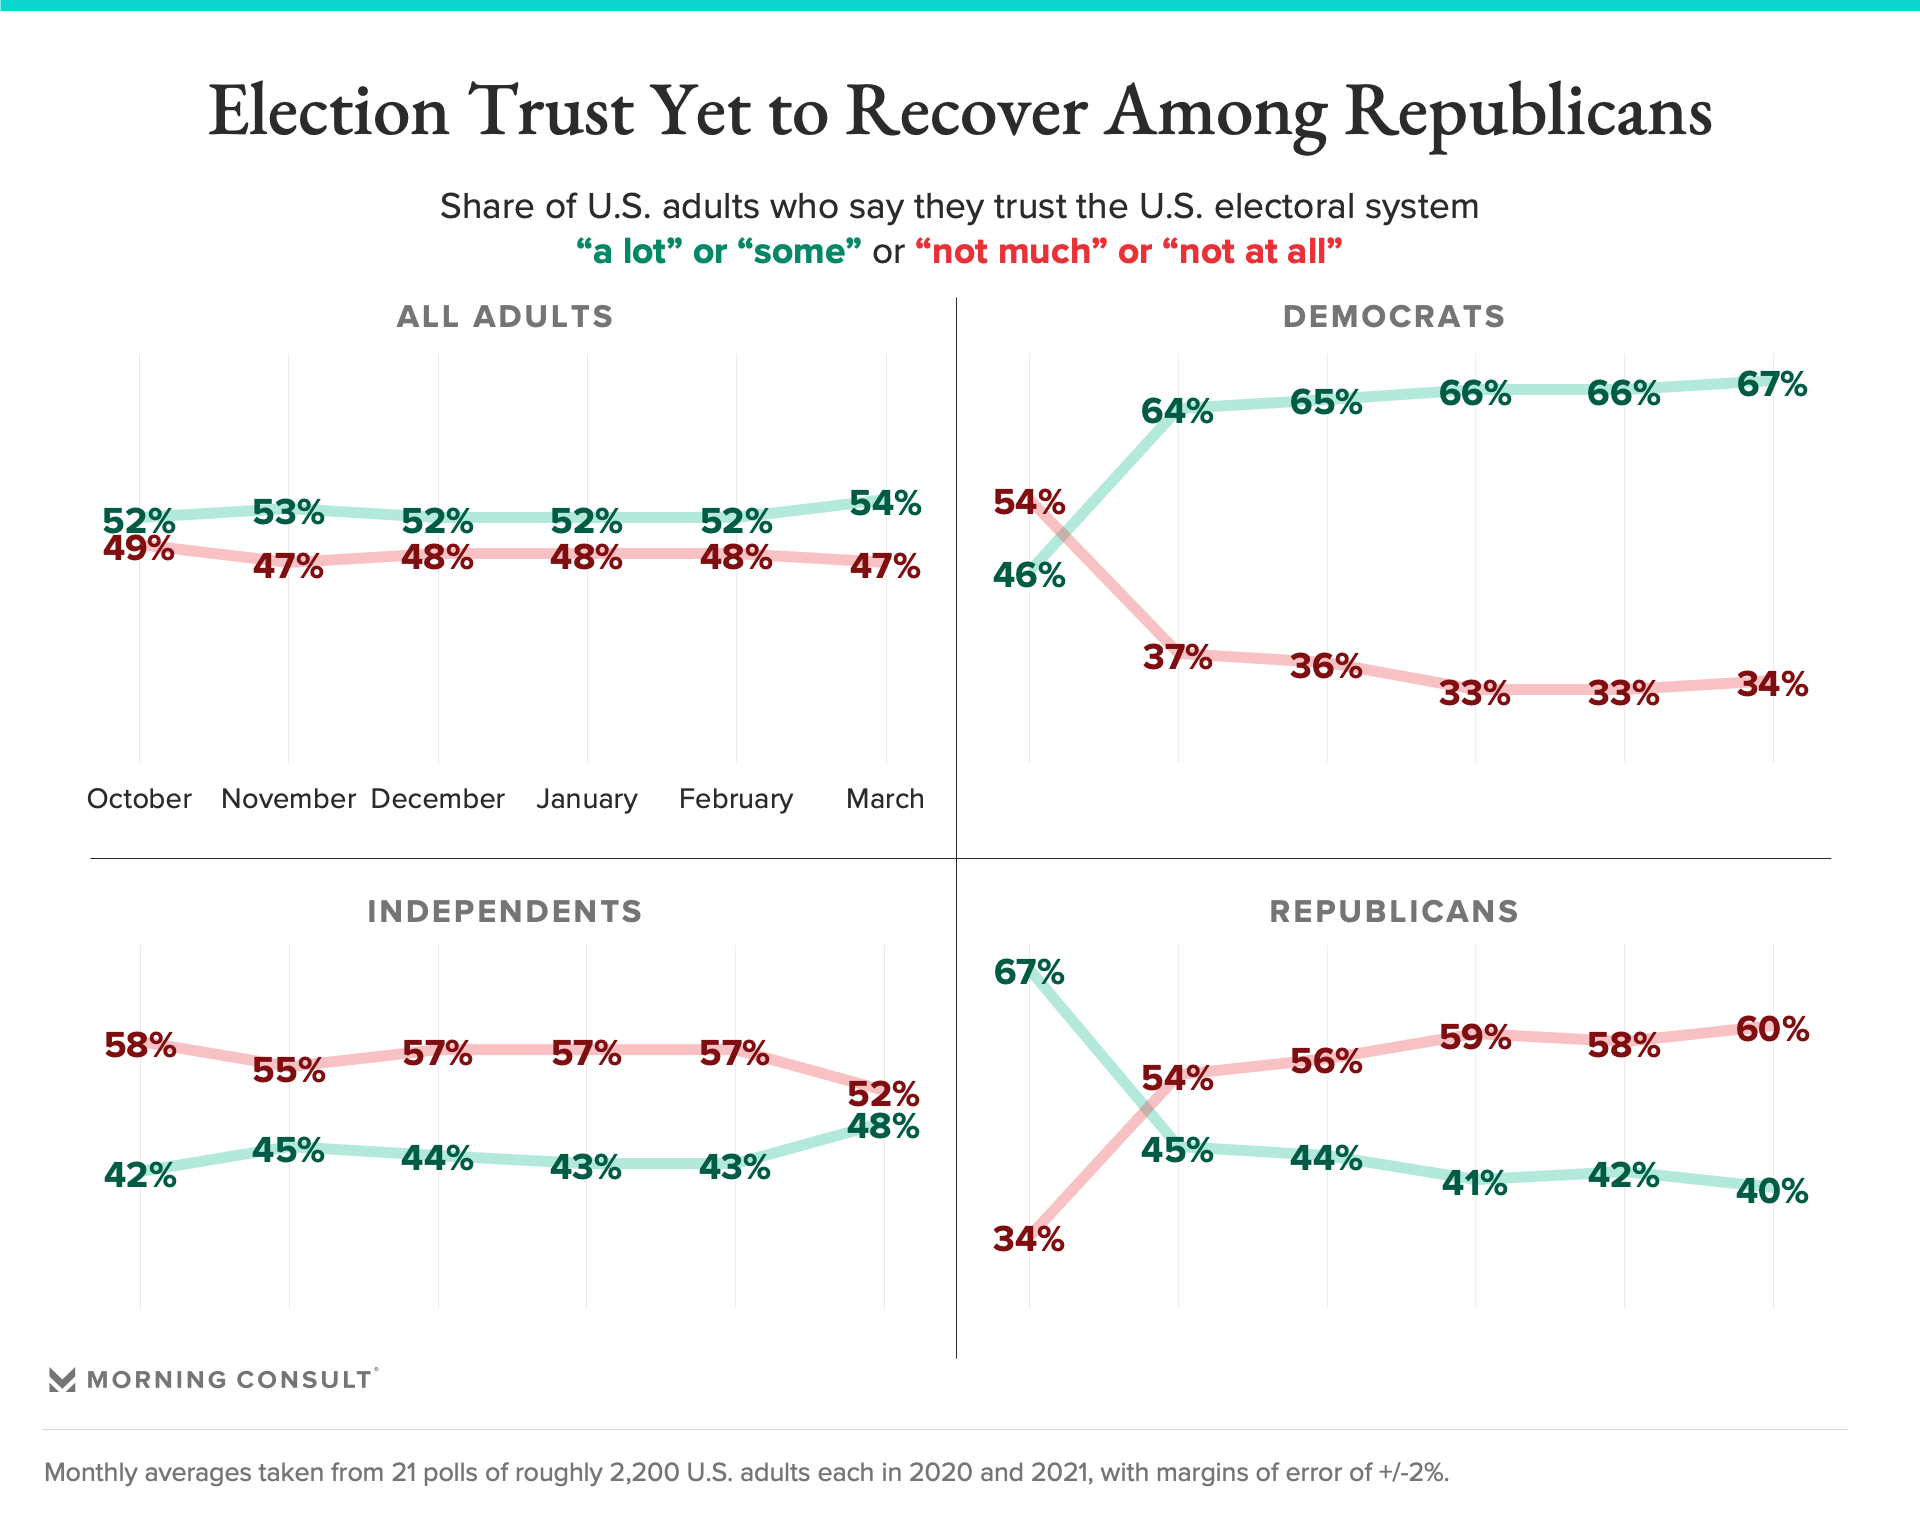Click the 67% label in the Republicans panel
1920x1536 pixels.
pyautogui.click(x=1029, y=972)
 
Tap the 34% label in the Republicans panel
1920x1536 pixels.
pyautogui.click(x=1029, y=1239)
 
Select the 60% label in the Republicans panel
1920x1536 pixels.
pyautogui.click(x=1772, y=1029)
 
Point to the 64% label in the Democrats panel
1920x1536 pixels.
pyautogui.click(x=1177, y=411)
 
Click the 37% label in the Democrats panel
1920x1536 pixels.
pyautogui.click(x=1177, y=657)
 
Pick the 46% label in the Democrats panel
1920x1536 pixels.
pyautogui.click(x=1029, y=575)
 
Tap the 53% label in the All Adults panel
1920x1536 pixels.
pyautogui.click(x=288, y=512)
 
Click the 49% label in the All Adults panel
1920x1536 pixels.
pyautogui.click(x=139, y=548)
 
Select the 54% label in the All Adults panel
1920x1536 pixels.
pyautogui.click(x=885, y=503)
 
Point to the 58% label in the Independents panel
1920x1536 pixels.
pyautogui.click(x=140, y=1045)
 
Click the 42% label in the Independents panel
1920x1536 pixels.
pyautogui.click(x=140, y=1174)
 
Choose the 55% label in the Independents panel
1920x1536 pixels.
pyautogui.click(x=289, y=1070)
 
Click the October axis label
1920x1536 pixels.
pyautogui.click(x=139, y=799)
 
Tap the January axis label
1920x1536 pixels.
pyautogui.click(x=587, y=799)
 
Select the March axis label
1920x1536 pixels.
pyautogui.click(x=885, y=799)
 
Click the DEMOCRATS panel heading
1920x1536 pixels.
pyautogui.click(x=1394, y=316)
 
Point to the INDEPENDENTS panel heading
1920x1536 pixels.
pyautogui.click(x=505, y=911)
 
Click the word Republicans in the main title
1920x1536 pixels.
pyautogui.click(x=1528, y=112)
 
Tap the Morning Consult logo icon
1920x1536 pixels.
pyautogui.click(x=62, y=1380)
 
